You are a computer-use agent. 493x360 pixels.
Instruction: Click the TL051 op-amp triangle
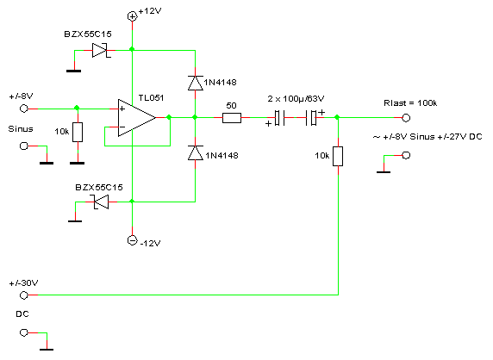136,118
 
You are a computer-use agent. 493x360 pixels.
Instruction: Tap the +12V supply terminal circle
133,16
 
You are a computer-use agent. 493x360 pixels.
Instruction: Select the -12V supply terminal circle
133,240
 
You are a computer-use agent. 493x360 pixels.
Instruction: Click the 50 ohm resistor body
232,118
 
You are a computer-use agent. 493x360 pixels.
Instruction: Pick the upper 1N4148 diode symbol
196,83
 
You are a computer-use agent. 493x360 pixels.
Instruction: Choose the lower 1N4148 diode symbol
196,153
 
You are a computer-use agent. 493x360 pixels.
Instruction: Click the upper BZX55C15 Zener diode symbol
101,50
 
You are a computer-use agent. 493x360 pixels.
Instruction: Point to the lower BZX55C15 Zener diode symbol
100,202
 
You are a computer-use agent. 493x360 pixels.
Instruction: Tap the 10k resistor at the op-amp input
78,133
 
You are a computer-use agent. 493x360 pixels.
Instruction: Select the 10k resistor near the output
338,156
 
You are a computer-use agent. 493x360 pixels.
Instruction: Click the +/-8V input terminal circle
23,109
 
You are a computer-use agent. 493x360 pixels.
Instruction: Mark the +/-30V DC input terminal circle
23,295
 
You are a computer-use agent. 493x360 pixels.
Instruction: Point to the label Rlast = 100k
410,103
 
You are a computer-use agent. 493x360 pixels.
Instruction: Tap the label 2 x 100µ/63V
296,99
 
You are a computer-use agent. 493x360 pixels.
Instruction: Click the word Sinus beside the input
21,129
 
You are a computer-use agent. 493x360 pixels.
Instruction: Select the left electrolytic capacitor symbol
279,118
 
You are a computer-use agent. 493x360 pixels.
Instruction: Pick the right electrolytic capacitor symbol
310,118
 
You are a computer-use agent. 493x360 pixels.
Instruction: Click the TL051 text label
151,97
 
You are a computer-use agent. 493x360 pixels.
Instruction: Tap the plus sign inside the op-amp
122,109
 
